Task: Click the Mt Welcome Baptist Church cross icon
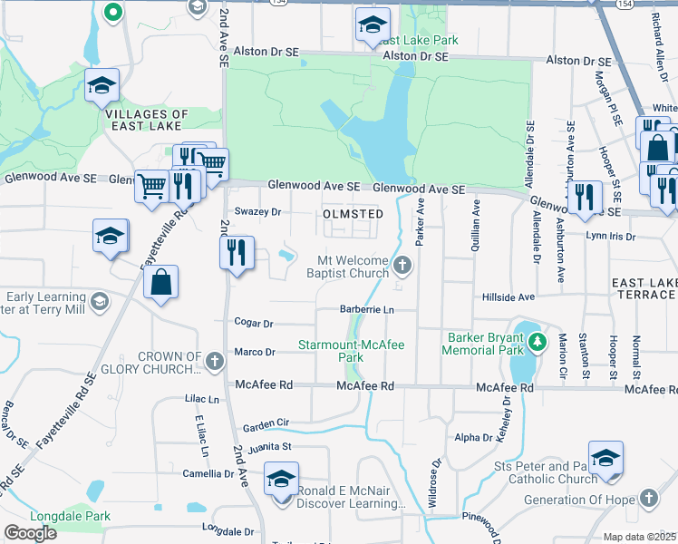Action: pyautogui.click(x=403, y=266)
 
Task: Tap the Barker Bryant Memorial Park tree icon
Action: pyautogui.click(x=538, y=342)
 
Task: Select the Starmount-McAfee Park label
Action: pyautogui.click(x=352, y=351)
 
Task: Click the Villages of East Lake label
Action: pyautogui.click(x=147, y=121)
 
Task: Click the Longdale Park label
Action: pyautogui.click(x=70, y=517)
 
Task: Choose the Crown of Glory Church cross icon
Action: pyautogui.click(x=214, y=362)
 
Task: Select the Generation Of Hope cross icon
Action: pyautogui.click(x=648, y=498)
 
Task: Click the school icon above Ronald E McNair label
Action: pyautogui.click(x=282, y=477)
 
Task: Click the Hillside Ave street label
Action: pyautogui.click(x=508, y=296)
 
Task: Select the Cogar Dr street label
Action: pyautogui.click(x=254, y=323)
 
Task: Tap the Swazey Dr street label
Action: pyautogui.click(x=259, y=211)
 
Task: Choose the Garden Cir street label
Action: pyautogui.click(x=266, y=423)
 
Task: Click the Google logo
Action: pyautogui.click(x=31, y=533)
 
